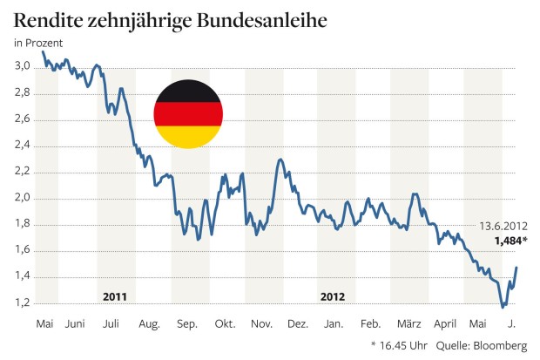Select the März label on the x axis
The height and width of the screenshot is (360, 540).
point(407,324)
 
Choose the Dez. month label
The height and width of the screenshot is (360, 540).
point(297,324)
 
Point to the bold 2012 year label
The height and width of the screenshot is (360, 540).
point(332,295)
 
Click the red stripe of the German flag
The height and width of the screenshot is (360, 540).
point(188,114)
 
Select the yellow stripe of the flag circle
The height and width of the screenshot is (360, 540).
point(188,137)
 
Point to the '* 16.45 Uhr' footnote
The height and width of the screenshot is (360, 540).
point(401,344)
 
